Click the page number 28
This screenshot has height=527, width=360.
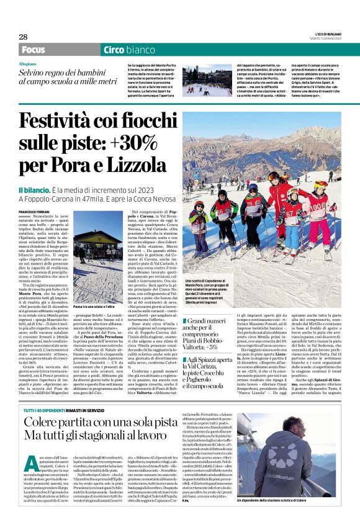(x=23, y=37)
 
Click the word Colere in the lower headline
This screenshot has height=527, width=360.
(x=49, y=424)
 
